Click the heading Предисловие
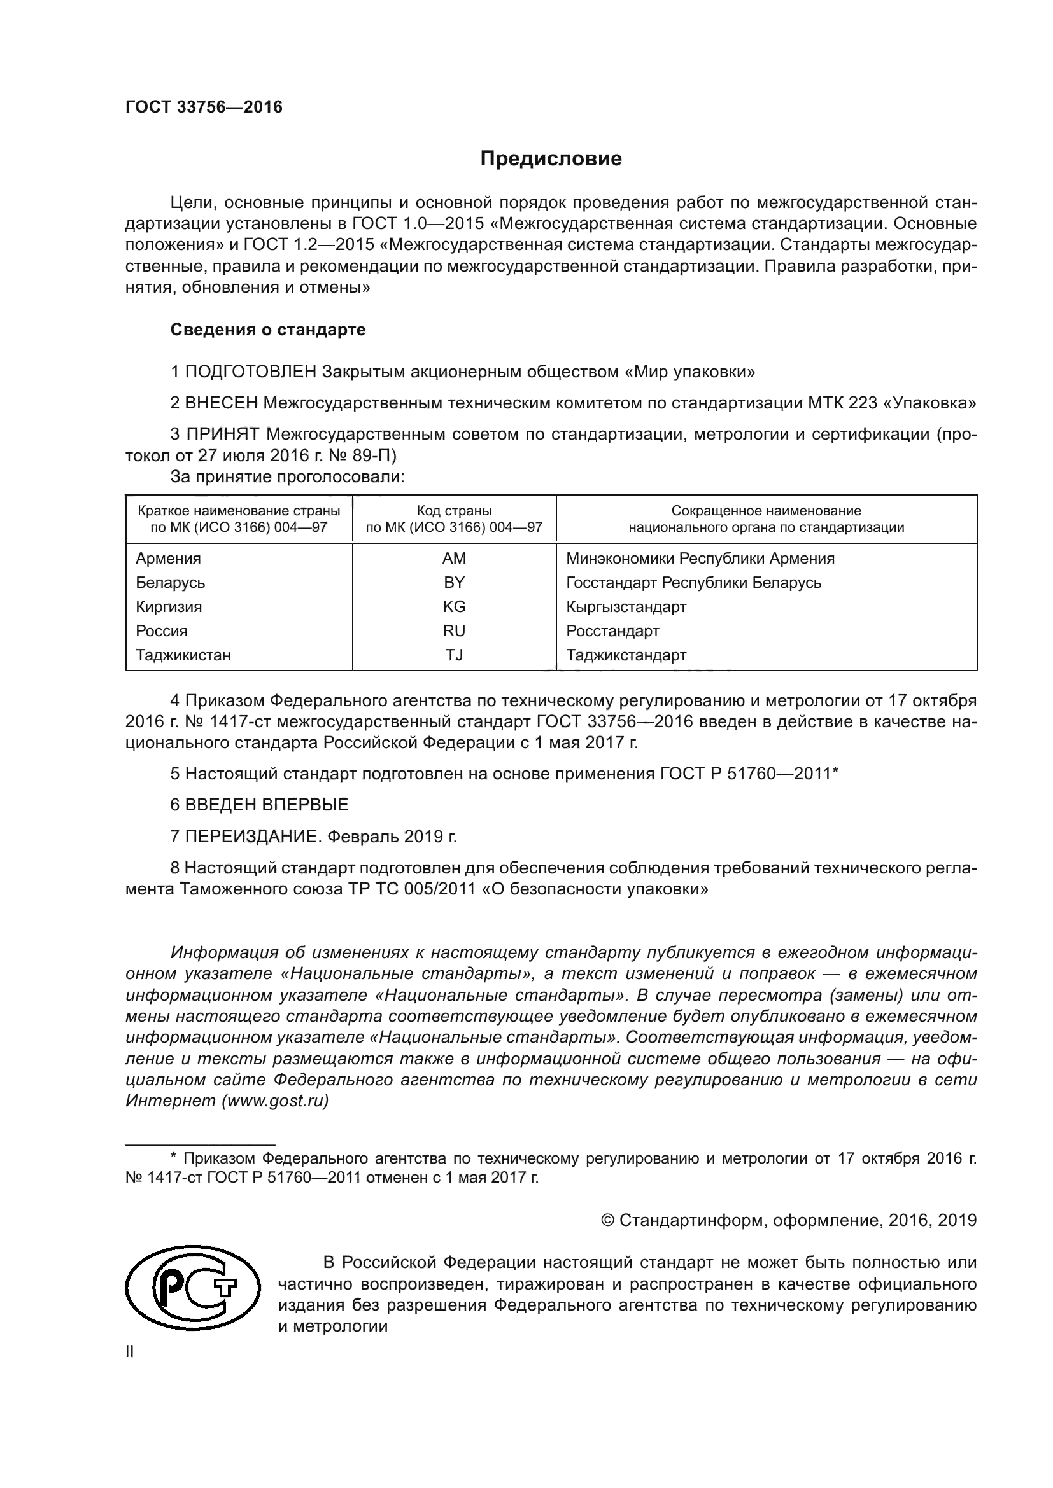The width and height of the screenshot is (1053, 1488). [x=551, y=159]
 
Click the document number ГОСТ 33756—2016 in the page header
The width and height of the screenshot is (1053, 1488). [x=204, y=108]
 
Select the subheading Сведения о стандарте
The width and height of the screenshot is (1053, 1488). [x=268, y=330]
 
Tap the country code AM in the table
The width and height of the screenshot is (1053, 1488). [x=454, y=559]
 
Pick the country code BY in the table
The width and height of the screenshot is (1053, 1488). [x=454, y=583]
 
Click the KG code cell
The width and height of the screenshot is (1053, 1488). [x=454, y=608]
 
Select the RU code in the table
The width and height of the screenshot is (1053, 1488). [x=454, y=631]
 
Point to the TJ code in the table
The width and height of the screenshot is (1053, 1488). [x=454, y=655]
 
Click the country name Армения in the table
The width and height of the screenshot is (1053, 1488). [x=168, y=559]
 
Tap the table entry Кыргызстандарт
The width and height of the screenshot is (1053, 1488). [x=626, y=608]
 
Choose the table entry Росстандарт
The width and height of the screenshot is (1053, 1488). [x=612, y=631]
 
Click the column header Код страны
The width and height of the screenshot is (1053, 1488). [x=454, y=511]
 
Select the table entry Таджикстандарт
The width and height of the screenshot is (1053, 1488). [x=626, y=655]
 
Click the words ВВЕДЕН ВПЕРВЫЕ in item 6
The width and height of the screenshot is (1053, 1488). [x=267, y=805]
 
